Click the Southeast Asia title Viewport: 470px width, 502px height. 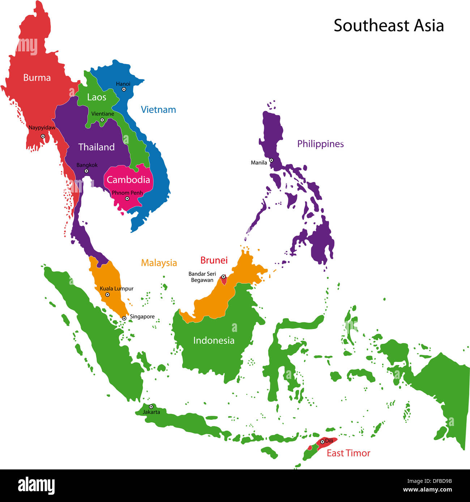pos(389,26)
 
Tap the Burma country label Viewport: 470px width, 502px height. pos(37,77)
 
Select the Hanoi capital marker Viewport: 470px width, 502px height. pos(124,89)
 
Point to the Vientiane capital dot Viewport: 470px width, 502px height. pos(102,120)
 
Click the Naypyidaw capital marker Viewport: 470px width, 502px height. pos(43,136)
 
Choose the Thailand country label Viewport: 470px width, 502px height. pos(96,147)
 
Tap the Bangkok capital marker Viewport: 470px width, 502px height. pos(86,171)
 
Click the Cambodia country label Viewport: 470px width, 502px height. pos(128,180)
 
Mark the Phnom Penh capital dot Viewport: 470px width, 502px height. pos(127,198)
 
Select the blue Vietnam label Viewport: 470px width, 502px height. pos(158,110)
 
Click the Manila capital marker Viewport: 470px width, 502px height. pos(271,160)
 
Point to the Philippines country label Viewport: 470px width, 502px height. pos(320,144)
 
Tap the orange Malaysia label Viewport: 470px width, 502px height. pos(159,263)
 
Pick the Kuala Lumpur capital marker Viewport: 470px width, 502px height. pos(107,295)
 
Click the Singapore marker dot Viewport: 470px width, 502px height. pos(124,318)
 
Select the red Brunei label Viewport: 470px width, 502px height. pos(214,260)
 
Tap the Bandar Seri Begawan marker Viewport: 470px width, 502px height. pos(223,277)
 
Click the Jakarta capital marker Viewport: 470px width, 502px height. pos(151,407)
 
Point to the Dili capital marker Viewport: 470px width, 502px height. pos(322,442)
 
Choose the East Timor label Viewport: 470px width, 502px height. pos(349,453)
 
